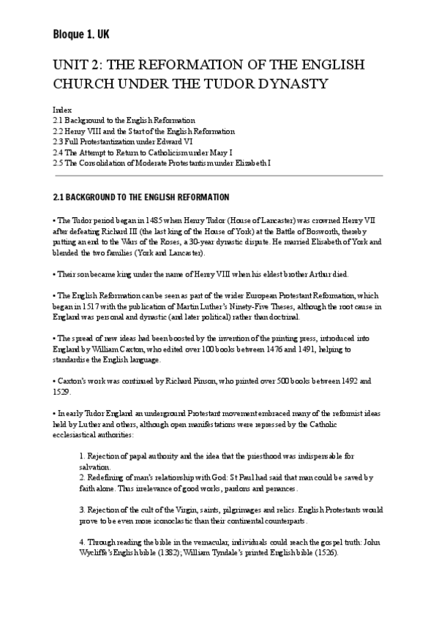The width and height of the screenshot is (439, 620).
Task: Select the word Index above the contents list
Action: pyautogui.click(x=62, y=109)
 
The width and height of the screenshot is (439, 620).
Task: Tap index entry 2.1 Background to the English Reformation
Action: pyautogui.click(x=124, y=119)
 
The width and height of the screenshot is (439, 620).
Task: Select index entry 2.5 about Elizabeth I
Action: pyautogui.click(x=162, y=162)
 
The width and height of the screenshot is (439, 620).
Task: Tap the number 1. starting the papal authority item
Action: pyautogui.click(x=83, y=457)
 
